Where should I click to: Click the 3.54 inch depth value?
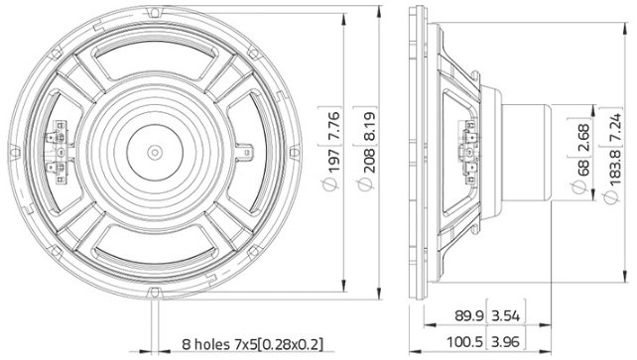tap(512, 316)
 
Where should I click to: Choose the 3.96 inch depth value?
tap(512, 342)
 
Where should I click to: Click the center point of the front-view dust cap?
tap(155, 152)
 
